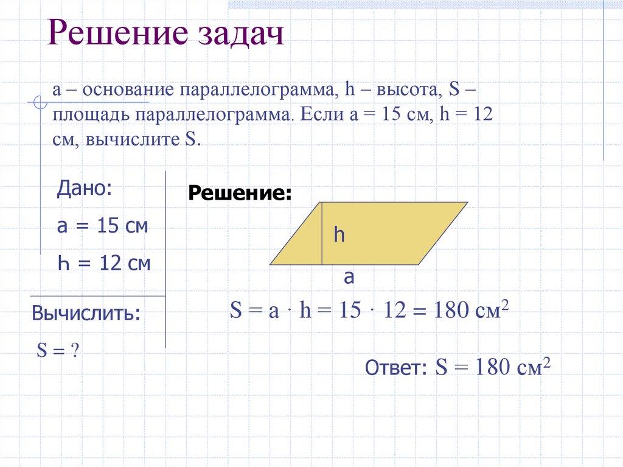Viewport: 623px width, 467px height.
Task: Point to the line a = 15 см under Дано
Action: click(102, 226)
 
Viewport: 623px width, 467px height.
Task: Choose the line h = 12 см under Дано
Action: click(103, 264)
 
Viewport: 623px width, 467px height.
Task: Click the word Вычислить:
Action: click(86, 314)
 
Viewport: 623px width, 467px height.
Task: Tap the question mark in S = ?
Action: click(75, 351)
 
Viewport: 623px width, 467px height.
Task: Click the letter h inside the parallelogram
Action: click(338, 236)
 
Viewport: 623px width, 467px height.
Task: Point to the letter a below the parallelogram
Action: click(349, 278)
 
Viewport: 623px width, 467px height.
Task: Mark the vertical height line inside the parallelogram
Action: click(321, 234)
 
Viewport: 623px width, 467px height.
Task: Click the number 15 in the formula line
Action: click(350, 312)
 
